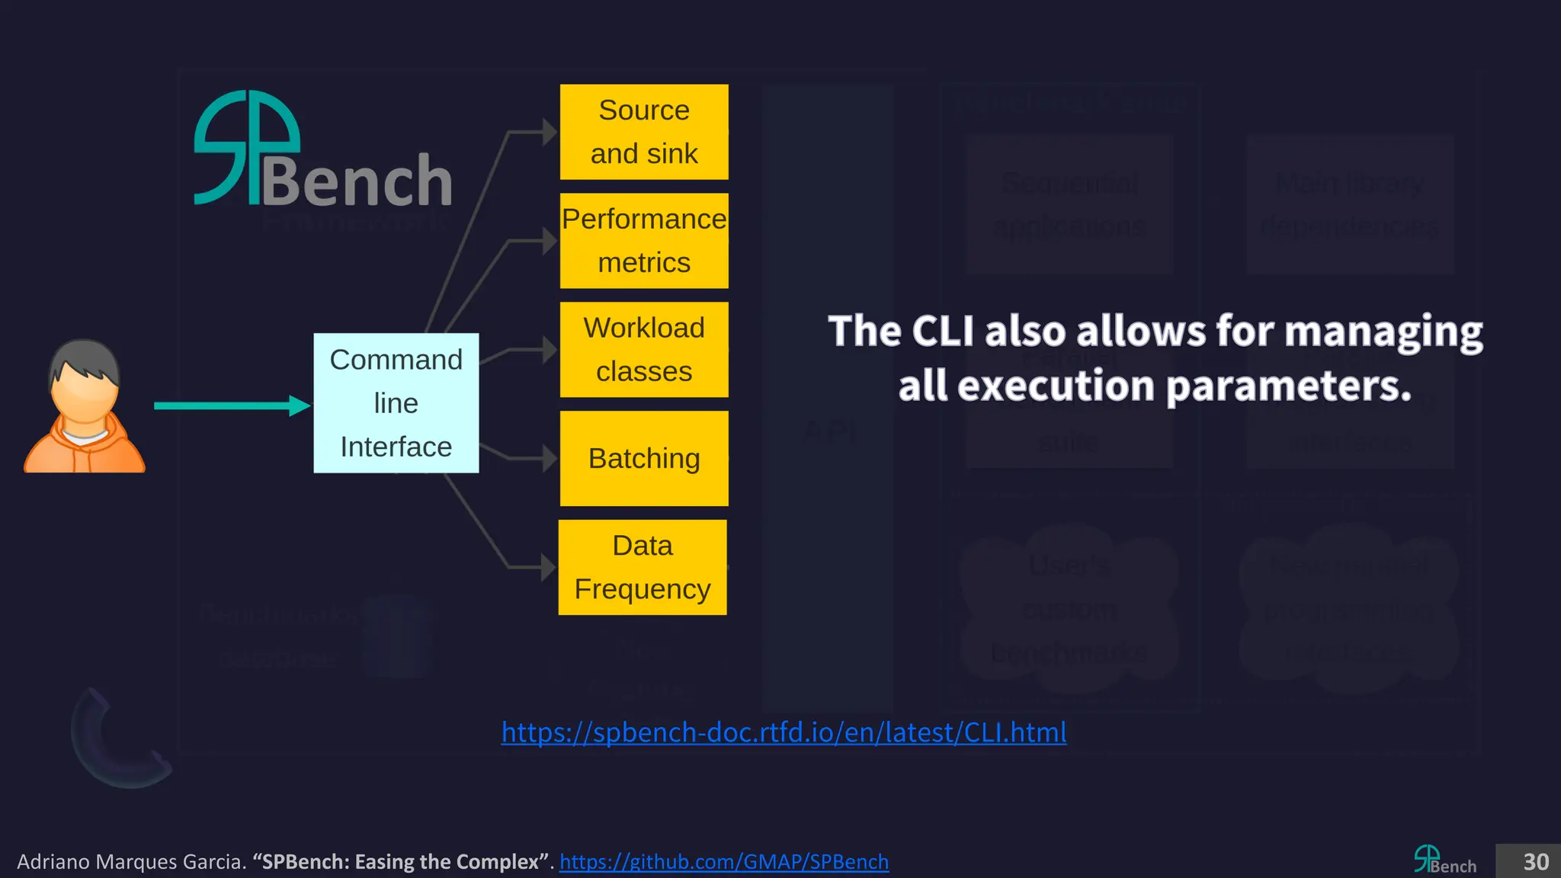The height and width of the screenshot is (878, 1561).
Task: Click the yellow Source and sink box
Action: pyautogui.click(x=644, y=132)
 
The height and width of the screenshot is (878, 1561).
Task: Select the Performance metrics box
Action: pyautogui.click(x=644, y=241)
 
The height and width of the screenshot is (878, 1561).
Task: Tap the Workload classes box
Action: pyautogui.click(x=644, y=350)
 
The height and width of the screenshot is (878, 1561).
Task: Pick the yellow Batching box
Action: pyautogui.click(x=644, y=458)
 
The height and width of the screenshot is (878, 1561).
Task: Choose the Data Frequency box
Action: pyautogui.click(x=643, y=567)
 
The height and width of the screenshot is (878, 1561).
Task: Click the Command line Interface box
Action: pyautogui.click(x=396, y=403)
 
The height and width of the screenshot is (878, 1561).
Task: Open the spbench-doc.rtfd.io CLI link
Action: pyautogui.click(x=784, y=732)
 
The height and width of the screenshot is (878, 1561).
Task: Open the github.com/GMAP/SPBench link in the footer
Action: pyautogui.click(x=724, y=862)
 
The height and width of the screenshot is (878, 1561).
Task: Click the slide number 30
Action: pyautogui.click(x=1535, y=862)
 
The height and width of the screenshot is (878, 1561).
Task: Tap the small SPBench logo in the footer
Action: pyautogui.click(x=1444, y=860)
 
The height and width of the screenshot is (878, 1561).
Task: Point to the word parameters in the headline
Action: pyautogui.click(x=1288, y=386)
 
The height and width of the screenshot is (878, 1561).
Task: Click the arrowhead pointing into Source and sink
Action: pyautogui.click(x=550, y=132)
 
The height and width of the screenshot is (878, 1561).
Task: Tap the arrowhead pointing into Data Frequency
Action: pyautogui.click(x=548, y=567)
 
